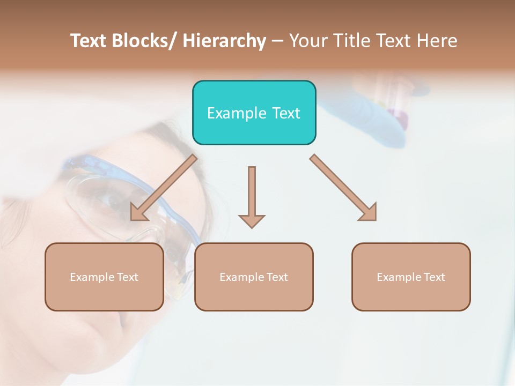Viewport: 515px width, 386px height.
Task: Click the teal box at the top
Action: click(254, 113)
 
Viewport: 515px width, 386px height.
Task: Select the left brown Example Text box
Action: click(104, 277)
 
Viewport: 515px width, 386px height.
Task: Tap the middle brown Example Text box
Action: click(254, 277)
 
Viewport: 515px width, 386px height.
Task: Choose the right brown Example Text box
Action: click(411, 277)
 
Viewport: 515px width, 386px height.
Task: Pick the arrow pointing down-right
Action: click(343, 188)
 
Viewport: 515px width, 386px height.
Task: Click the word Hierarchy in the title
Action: click(224, 41)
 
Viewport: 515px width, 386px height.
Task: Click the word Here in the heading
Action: click(437, 41)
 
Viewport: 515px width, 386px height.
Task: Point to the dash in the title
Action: click(277, 41)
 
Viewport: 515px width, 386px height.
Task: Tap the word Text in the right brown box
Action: click(435, 277)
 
